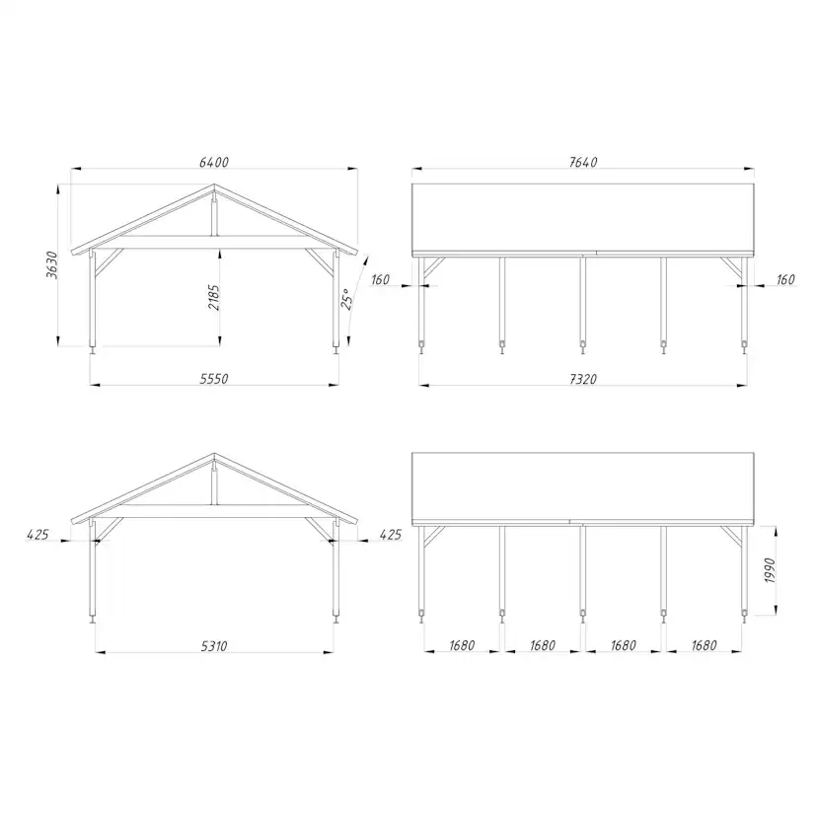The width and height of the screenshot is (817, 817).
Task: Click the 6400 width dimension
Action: tap(214, 162)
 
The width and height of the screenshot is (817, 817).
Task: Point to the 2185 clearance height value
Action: tap(215, 297)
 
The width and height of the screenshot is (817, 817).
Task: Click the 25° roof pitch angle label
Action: tap(346, 298)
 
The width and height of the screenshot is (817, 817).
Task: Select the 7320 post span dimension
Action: tap(582, 378)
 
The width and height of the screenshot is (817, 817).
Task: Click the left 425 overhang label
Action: tap(38, 534)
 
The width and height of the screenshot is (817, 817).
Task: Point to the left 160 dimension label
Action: tap(383, 280)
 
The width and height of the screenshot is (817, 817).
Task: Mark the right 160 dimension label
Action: tap(784, 280)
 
